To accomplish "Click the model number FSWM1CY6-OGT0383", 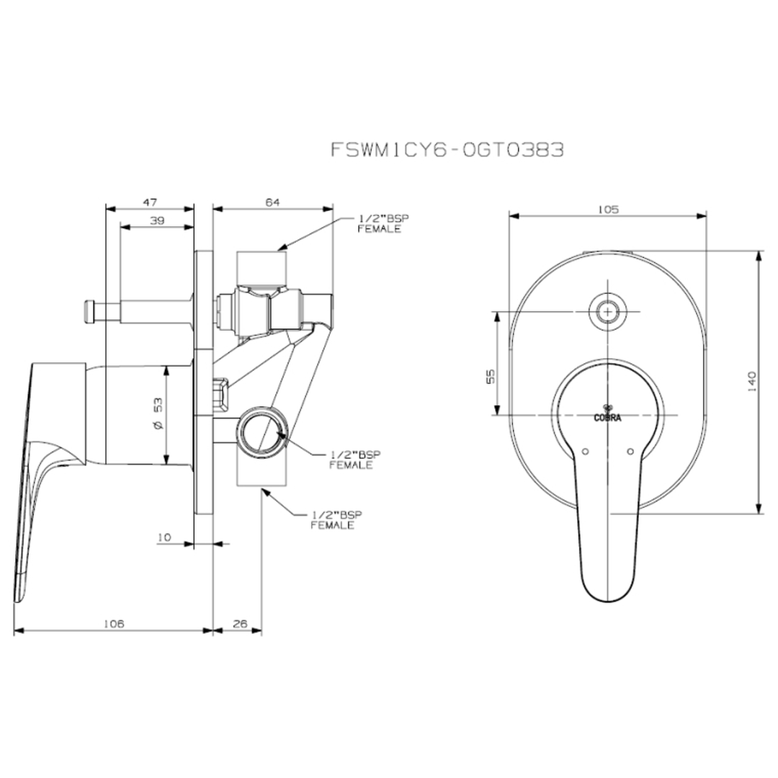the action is tap(447, 149).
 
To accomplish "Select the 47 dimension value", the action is tap(150, 202).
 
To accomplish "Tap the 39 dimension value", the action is tap(157, 220).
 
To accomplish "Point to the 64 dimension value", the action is tap(272, 202).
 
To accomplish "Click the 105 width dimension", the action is tap(608, 210).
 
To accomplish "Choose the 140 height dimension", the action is tap(751, 382).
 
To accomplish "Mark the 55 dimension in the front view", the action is tap(491, 376).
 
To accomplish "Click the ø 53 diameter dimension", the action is tap(158, 413).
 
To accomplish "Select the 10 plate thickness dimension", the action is tap(164, 537).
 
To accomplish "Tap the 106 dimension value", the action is tap(114, 624).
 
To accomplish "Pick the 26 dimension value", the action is tap(240, 624).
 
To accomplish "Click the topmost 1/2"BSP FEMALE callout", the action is tap(383, 224).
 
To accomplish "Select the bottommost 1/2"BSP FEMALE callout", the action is tap(336, 520).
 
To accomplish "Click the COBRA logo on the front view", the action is tap(607, 413).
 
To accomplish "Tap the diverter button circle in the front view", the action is tap(607, 312).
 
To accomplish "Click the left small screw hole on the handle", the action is tap(585, 452).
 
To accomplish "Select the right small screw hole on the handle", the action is tap(630, 452).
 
